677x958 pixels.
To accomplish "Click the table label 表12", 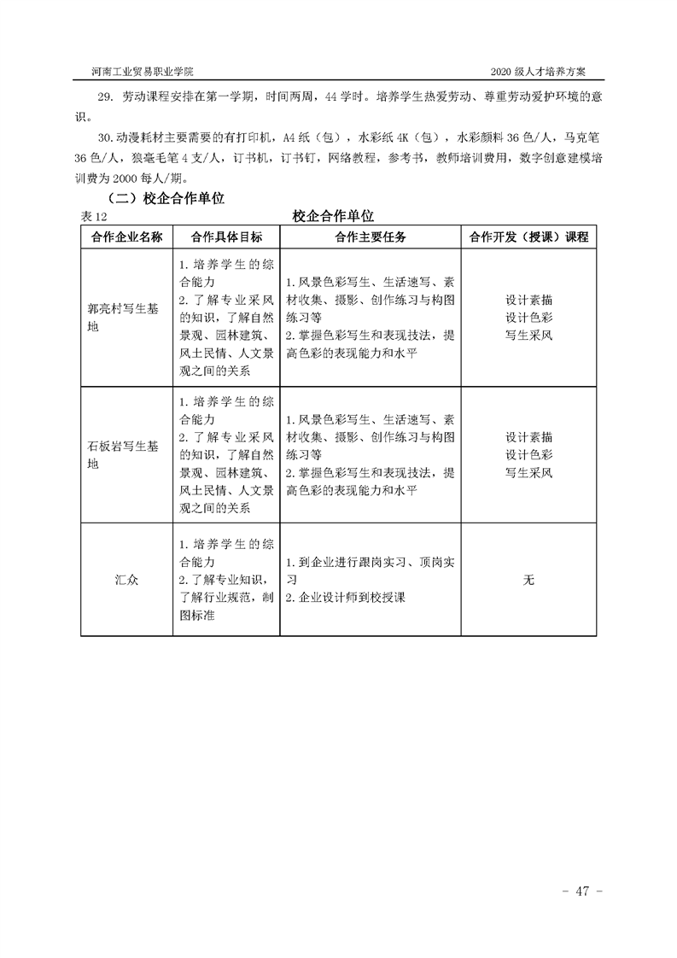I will tap(93, 215).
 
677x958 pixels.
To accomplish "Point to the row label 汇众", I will tap(126, 580).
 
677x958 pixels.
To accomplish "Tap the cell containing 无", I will tap(528, 580).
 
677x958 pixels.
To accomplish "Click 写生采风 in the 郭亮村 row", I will tap(528, 335).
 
